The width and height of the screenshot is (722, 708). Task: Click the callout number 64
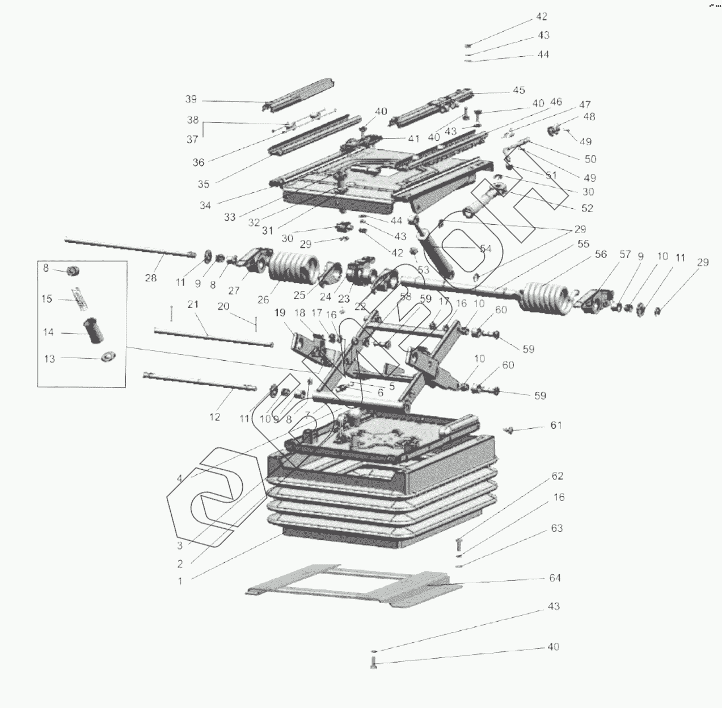coord(555,578)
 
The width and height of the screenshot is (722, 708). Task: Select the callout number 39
coord(191,99)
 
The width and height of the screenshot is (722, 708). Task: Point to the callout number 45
coord(519,90)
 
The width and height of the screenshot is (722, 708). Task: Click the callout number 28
coord(150,277)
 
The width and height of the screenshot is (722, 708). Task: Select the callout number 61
coord(556,425)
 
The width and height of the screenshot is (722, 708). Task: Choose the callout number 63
coord(556,528)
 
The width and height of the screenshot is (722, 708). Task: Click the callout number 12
coord(214,417)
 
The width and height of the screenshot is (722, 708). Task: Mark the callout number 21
coord(193,305)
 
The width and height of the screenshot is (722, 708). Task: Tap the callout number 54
coord(485,248)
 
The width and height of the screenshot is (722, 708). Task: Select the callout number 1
coord(180,581)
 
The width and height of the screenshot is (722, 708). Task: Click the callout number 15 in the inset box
coord(47,299)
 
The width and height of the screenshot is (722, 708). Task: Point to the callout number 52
coord(587,208)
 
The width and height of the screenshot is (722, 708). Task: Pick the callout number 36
coord(198,162)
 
